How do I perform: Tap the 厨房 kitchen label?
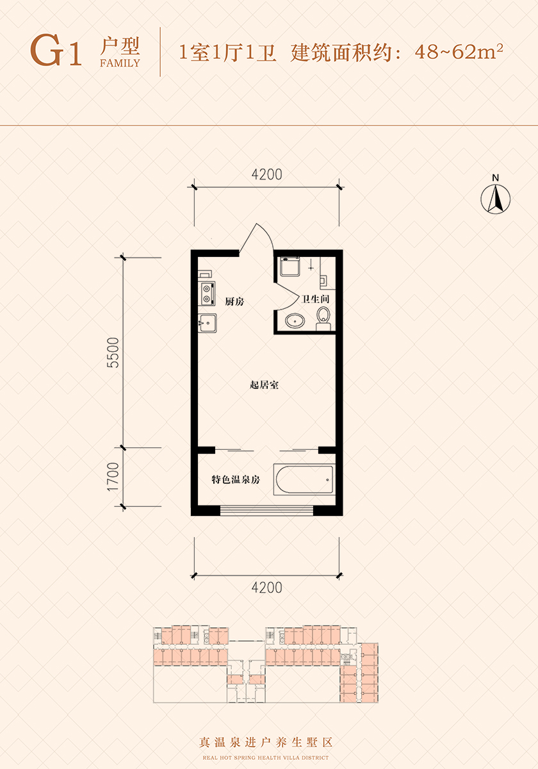(x=234, y=301)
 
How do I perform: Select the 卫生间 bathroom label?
(x=315, y=299)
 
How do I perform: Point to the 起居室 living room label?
(x=264, y=385)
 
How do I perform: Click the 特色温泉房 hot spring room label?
(x=236, y=479)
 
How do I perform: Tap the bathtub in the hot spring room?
(x=304, y=479)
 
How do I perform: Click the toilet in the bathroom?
(x=323, y=319)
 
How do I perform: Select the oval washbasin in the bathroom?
(x=295, y=321)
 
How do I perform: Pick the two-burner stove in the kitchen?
(x=208, y=294)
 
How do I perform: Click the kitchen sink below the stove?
(x=208, y=323)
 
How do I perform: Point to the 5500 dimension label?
(x=113, y=352)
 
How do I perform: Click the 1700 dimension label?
(x=113, y=477)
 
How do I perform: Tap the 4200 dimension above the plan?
(x=266, y=174)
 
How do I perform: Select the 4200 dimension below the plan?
(x=266, y=588)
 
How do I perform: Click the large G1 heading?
(x=56, y=50)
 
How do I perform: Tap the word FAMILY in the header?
(x=120, y=63)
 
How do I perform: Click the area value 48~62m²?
(x=459, y=52)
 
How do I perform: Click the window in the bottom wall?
(x=266, y=511)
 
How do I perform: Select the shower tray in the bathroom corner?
(x=290, y=267)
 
